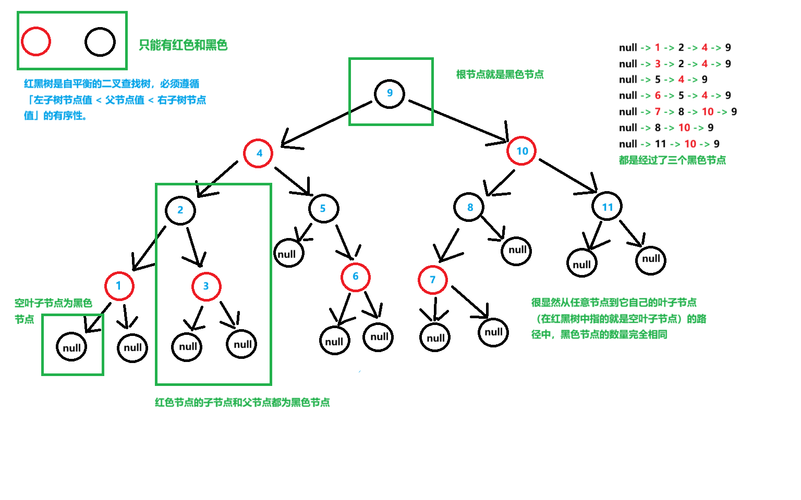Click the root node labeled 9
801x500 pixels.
pyautogui.click(x=390, y=94)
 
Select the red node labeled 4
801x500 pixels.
pyautogui.click(x=259, y=153)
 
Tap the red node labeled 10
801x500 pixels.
pyautogui.click(x=521, y=151)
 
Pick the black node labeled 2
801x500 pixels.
pyautogui.click(x=180, y=210)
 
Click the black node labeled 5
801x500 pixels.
pyautogui.click(x=323, y=208)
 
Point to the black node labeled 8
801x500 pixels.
pyautogui.click(x=469, y=207)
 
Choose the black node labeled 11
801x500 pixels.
pyautogui.click(x=607, y=207)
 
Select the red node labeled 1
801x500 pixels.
pyautogui.click(x=119, y=285)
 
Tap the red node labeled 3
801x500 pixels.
pyautogui.click(x=207, y=286)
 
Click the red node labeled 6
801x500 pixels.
pyautogui.click(x=356, y=277)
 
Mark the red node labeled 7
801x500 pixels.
pyautogui.click(x=433, y=280)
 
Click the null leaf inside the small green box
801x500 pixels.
pyautogui.click(x=71, y=347)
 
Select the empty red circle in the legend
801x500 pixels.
pyautogui.click(x=36, y=42)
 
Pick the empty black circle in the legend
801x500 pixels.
pyautogui.click(x=100, y=42)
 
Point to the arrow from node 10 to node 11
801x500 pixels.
pyautogui.click(x=568, y=176)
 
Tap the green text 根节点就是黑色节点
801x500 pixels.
pyautogui.click(x=500, y=74)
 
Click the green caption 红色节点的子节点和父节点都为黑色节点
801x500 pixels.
pyautogui.click(x=242, y=402)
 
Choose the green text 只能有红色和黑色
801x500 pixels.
pyautogui.click(x=183, y=45)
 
